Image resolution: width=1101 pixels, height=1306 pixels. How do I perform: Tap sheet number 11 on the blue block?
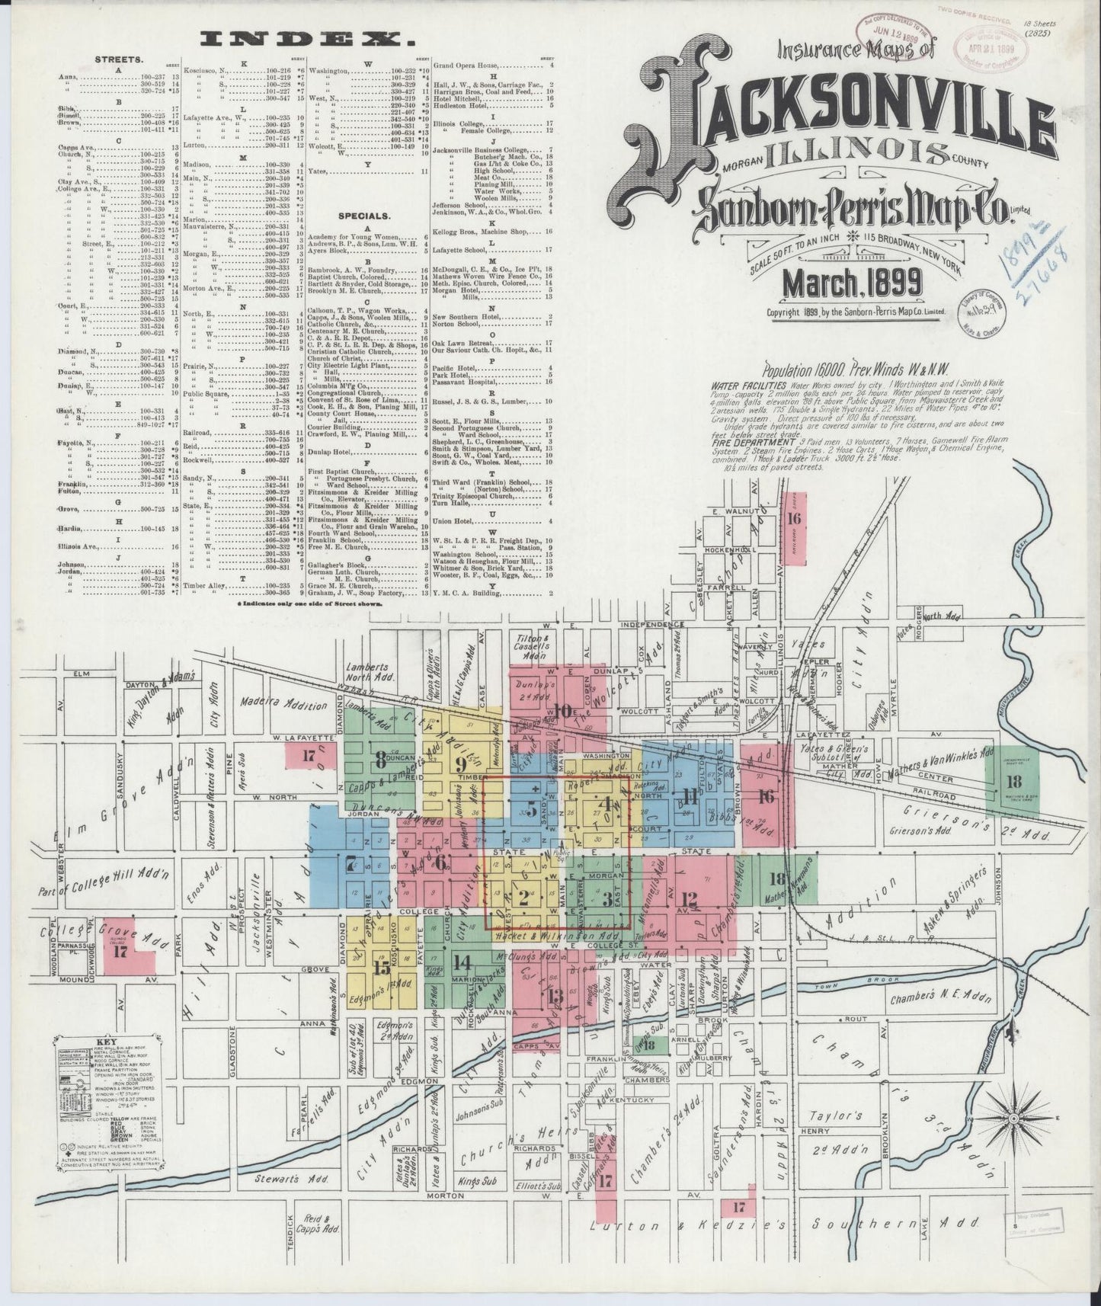690,798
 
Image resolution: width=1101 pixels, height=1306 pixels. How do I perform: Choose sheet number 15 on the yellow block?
382,968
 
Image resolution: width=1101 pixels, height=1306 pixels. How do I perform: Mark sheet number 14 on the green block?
461,962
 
